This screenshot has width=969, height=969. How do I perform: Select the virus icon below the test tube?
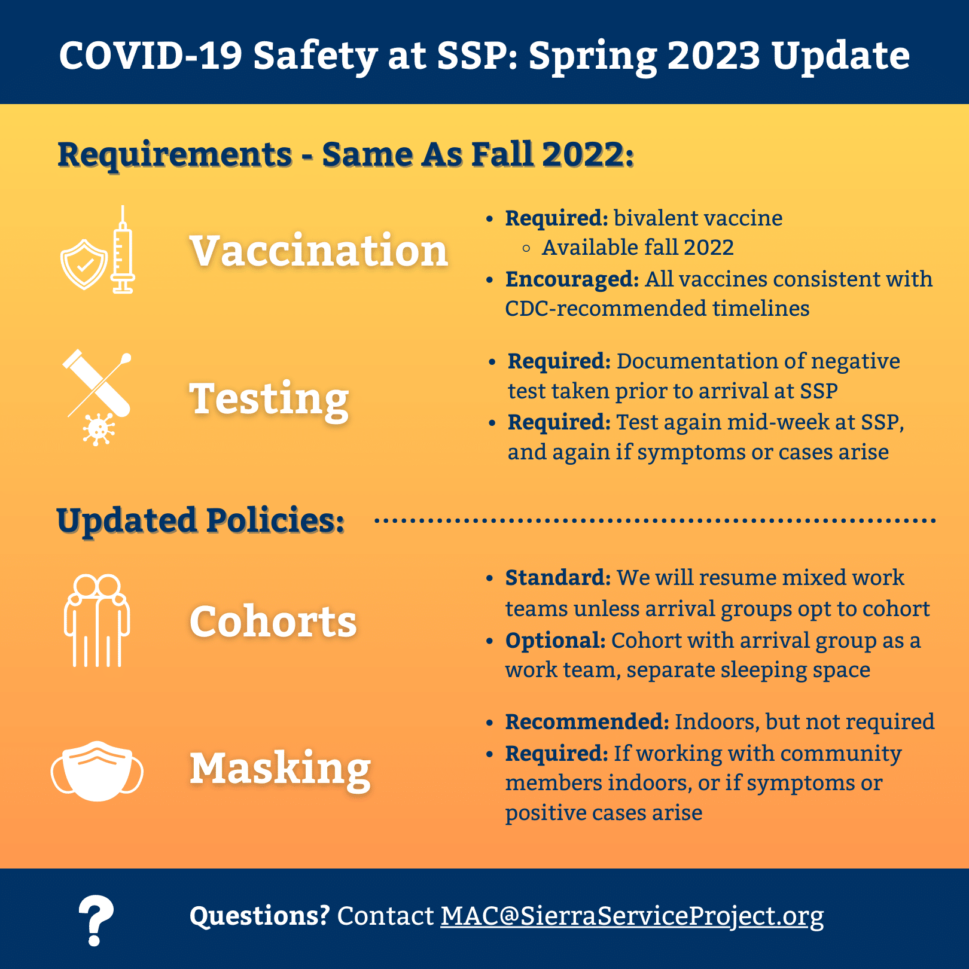[x=99, y=429]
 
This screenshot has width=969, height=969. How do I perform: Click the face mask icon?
[x=97, y=770]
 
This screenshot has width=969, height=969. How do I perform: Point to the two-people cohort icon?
[x=97, y=621]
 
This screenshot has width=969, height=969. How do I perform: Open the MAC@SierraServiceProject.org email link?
[x=632, y=916]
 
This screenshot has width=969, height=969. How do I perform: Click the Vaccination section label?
[x=319, y=250]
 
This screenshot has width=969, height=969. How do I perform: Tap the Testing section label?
[x=269, y=400]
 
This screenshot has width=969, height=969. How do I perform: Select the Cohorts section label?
[x=273, y=621]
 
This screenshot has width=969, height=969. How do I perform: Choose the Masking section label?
[x=281, y=769]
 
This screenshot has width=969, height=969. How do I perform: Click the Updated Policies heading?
[x=200, y=520]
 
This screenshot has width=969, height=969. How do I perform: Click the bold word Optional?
[x=555, y=641]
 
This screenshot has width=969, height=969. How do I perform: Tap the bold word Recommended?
[x=587, y=721]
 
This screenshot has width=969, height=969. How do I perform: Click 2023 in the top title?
[x=714, y=55]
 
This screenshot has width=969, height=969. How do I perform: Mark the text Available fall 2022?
[x=638, y=248]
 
